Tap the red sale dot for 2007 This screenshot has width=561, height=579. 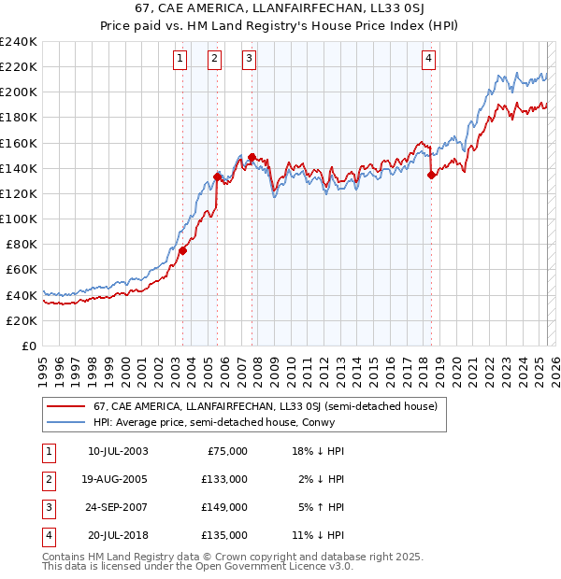(x=252, y=157)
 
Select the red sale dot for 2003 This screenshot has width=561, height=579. (x=182, y=250)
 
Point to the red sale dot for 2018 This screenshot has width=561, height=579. (x=431, y=175)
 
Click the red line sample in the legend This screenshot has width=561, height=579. (x=67, y=406)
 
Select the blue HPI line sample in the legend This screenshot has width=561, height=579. (x=67, y=421)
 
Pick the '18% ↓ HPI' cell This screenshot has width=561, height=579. (x=319, y=451)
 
